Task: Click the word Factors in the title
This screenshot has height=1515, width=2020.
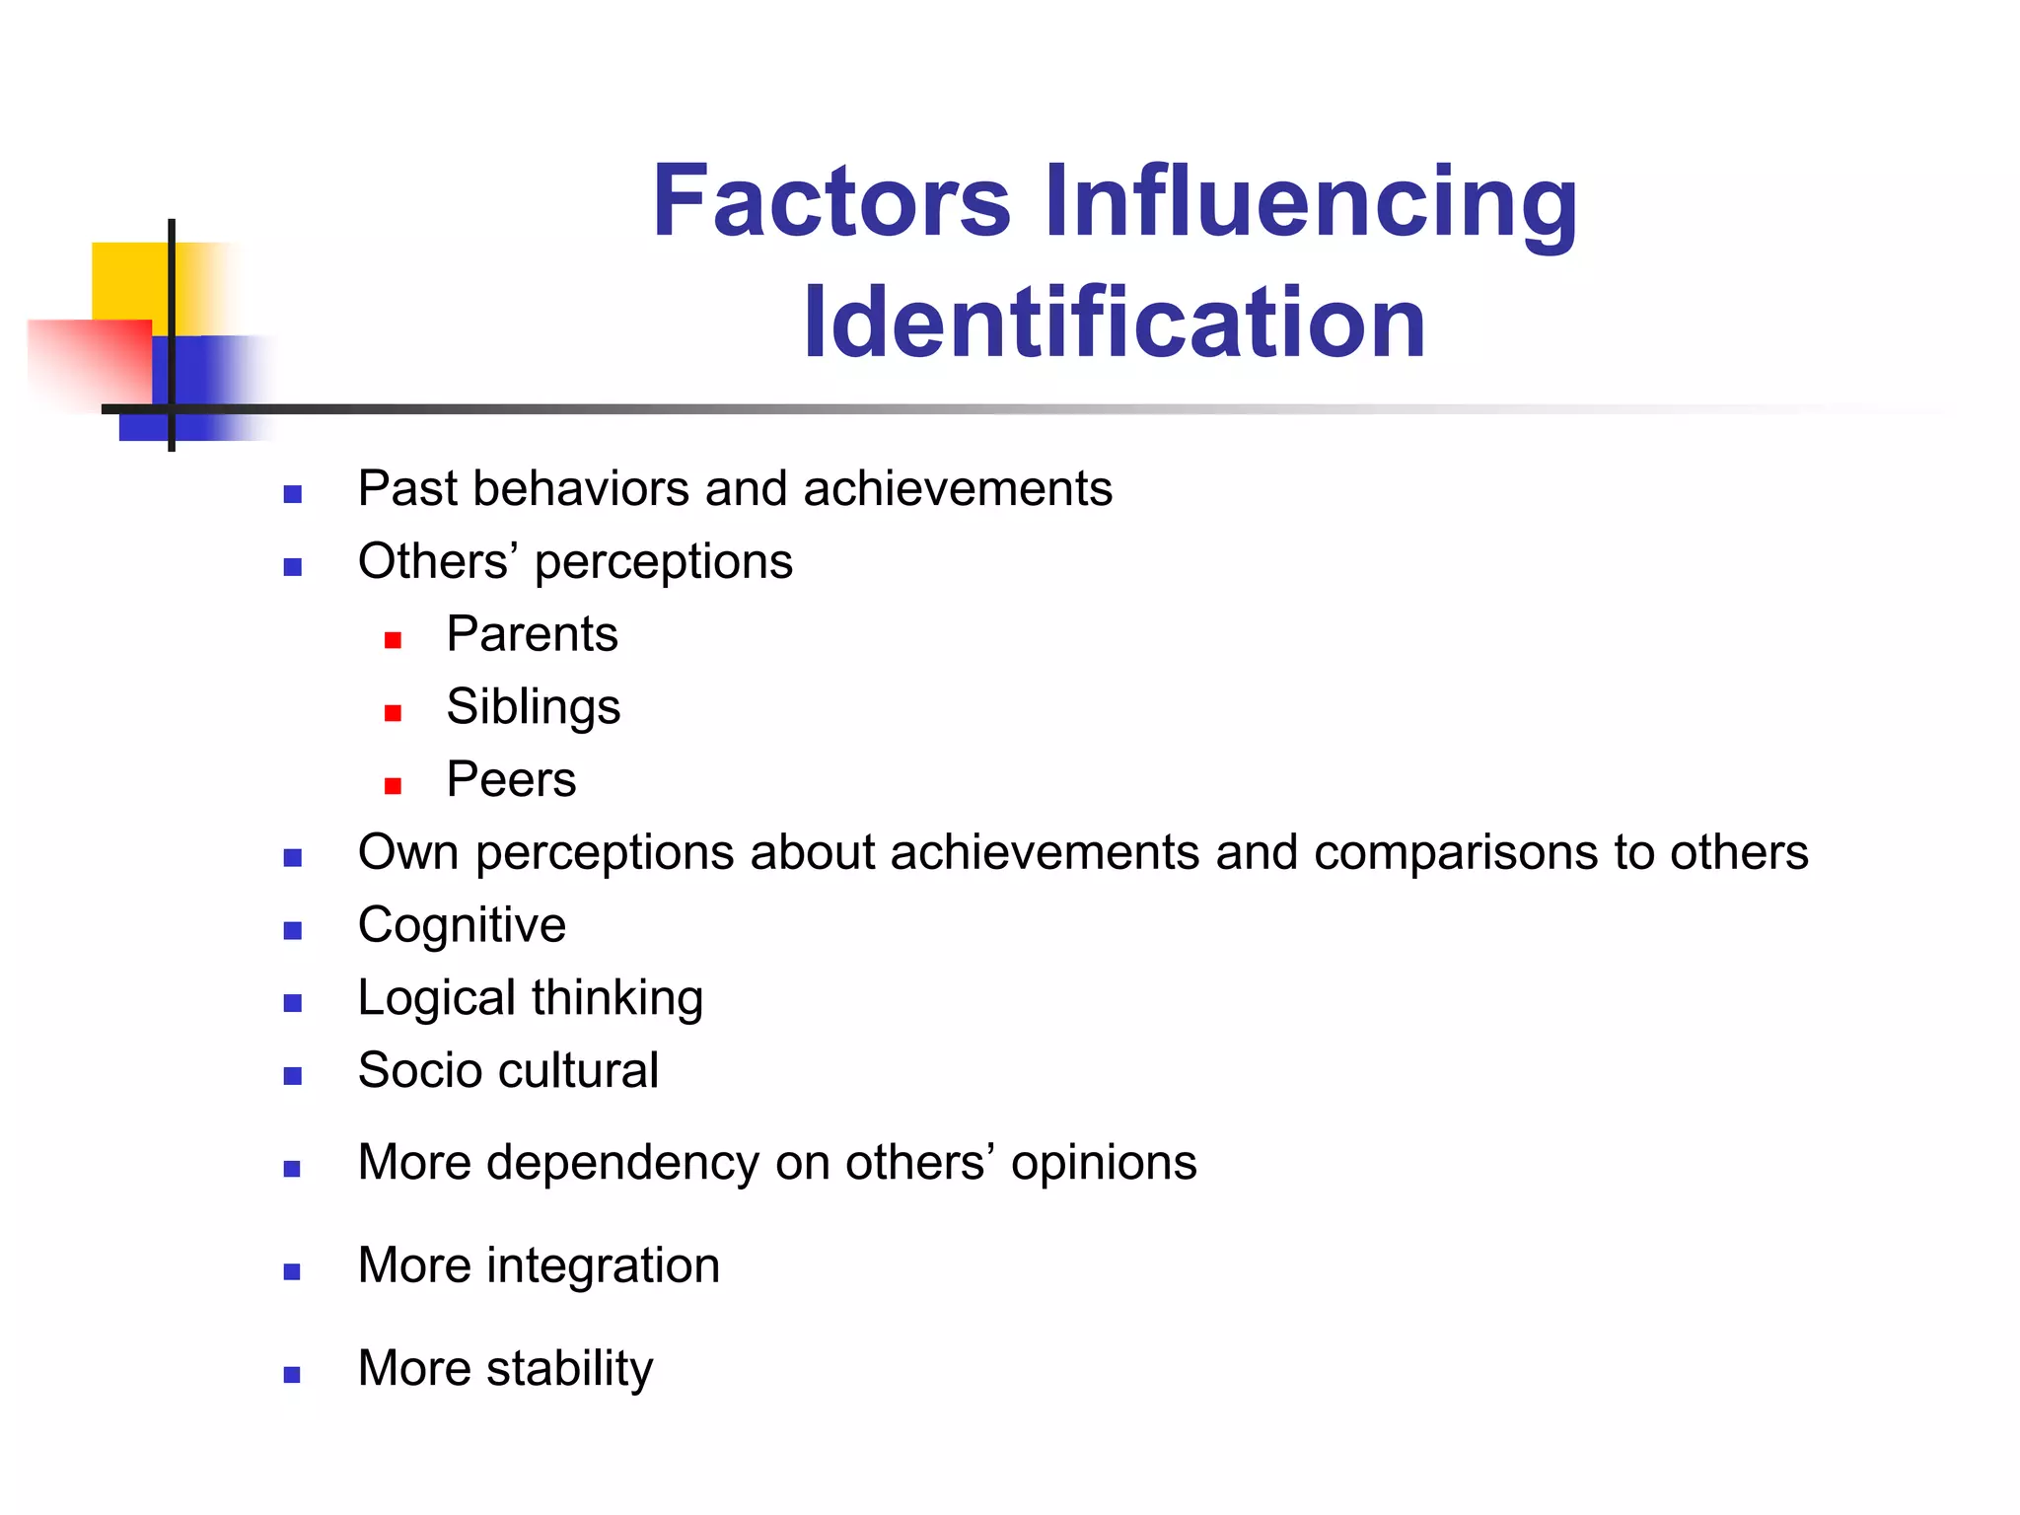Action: (831, 201)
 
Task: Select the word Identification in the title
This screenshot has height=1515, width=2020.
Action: (1115, 323)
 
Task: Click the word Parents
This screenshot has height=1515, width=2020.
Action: (532, 633)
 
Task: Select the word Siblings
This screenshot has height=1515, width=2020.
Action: (533, 707)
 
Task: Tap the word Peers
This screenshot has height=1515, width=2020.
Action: (511, 779)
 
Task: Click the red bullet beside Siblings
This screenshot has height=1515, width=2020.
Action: (393, 712)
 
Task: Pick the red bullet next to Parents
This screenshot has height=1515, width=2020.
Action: (393, 640)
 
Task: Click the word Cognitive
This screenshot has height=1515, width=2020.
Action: (462, 926)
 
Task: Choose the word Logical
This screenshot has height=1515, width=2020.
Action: (437, 998)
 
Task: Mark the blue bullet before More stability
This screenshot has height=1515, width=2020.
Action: (292, 1374)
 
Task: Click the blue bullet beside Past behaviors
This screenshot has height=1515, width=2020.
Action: (292, 494)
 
